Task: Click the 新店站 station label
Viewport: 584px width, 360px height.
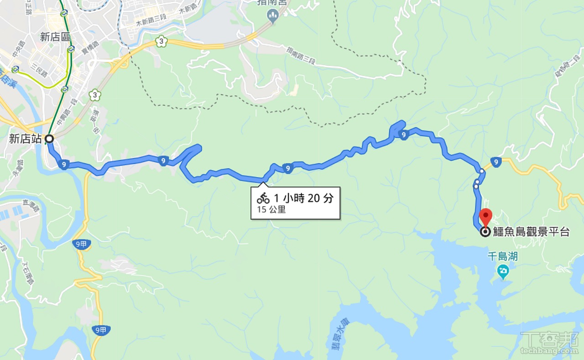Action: tap(26, 139)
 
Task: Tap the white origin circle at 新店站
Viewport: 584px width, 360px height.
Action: tap(49, 138)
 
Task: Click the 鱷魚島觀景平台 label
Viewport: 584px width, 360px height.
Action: tap(532, 232)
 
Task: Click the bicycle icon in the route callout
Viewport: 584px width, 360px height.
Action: tap(263, 198)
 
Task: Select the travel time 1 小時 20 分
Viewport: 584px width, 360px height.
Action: tap(303, 198)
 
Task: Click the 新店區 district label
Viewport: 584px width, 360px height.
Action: tap(55, 37)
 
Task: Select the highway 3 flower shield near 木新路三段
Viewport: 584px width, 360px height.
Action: tap(161, 42)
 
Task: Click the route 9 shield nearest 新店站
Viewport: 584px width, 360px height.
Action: tap(64, 165)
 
